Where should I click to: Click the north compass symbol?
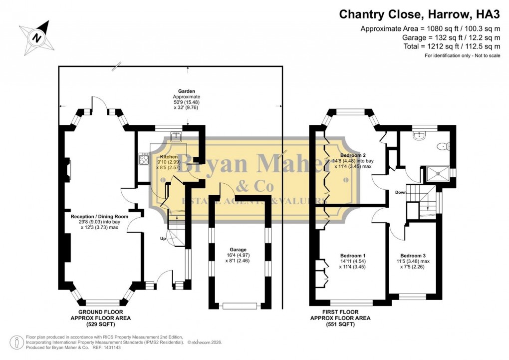(x=36, y=36)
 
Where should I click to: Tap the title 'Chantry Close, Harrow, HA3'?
(x=419, y=14)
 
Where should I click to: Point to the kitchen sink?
(x=176, y=135)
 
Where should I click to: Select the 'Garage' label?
(x=238, y=250)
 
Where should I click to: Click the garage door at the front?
(x=241, y=306)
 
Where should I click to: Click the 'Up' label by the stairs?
(x=163, y=239)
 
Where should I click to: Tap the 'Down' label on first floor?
(x=400, y=192)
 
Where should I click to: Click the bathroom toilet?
(x=442, y=146)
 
